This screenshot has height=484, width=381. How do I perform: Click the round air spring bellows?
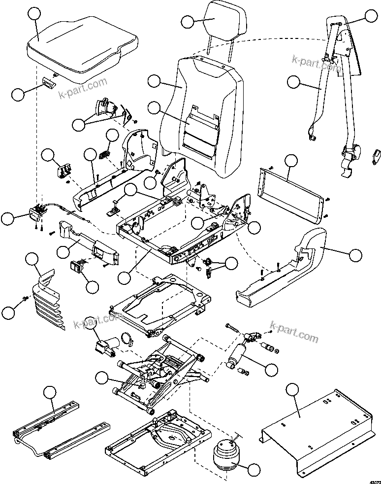(227, 453)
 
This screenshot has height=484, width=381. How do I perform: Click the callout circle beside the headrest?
(187, 21)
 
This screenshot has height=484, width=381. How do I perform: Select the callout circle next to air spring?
(254, 470)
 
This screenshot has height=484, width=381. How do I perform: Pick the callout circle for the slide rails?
(49, 392)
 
